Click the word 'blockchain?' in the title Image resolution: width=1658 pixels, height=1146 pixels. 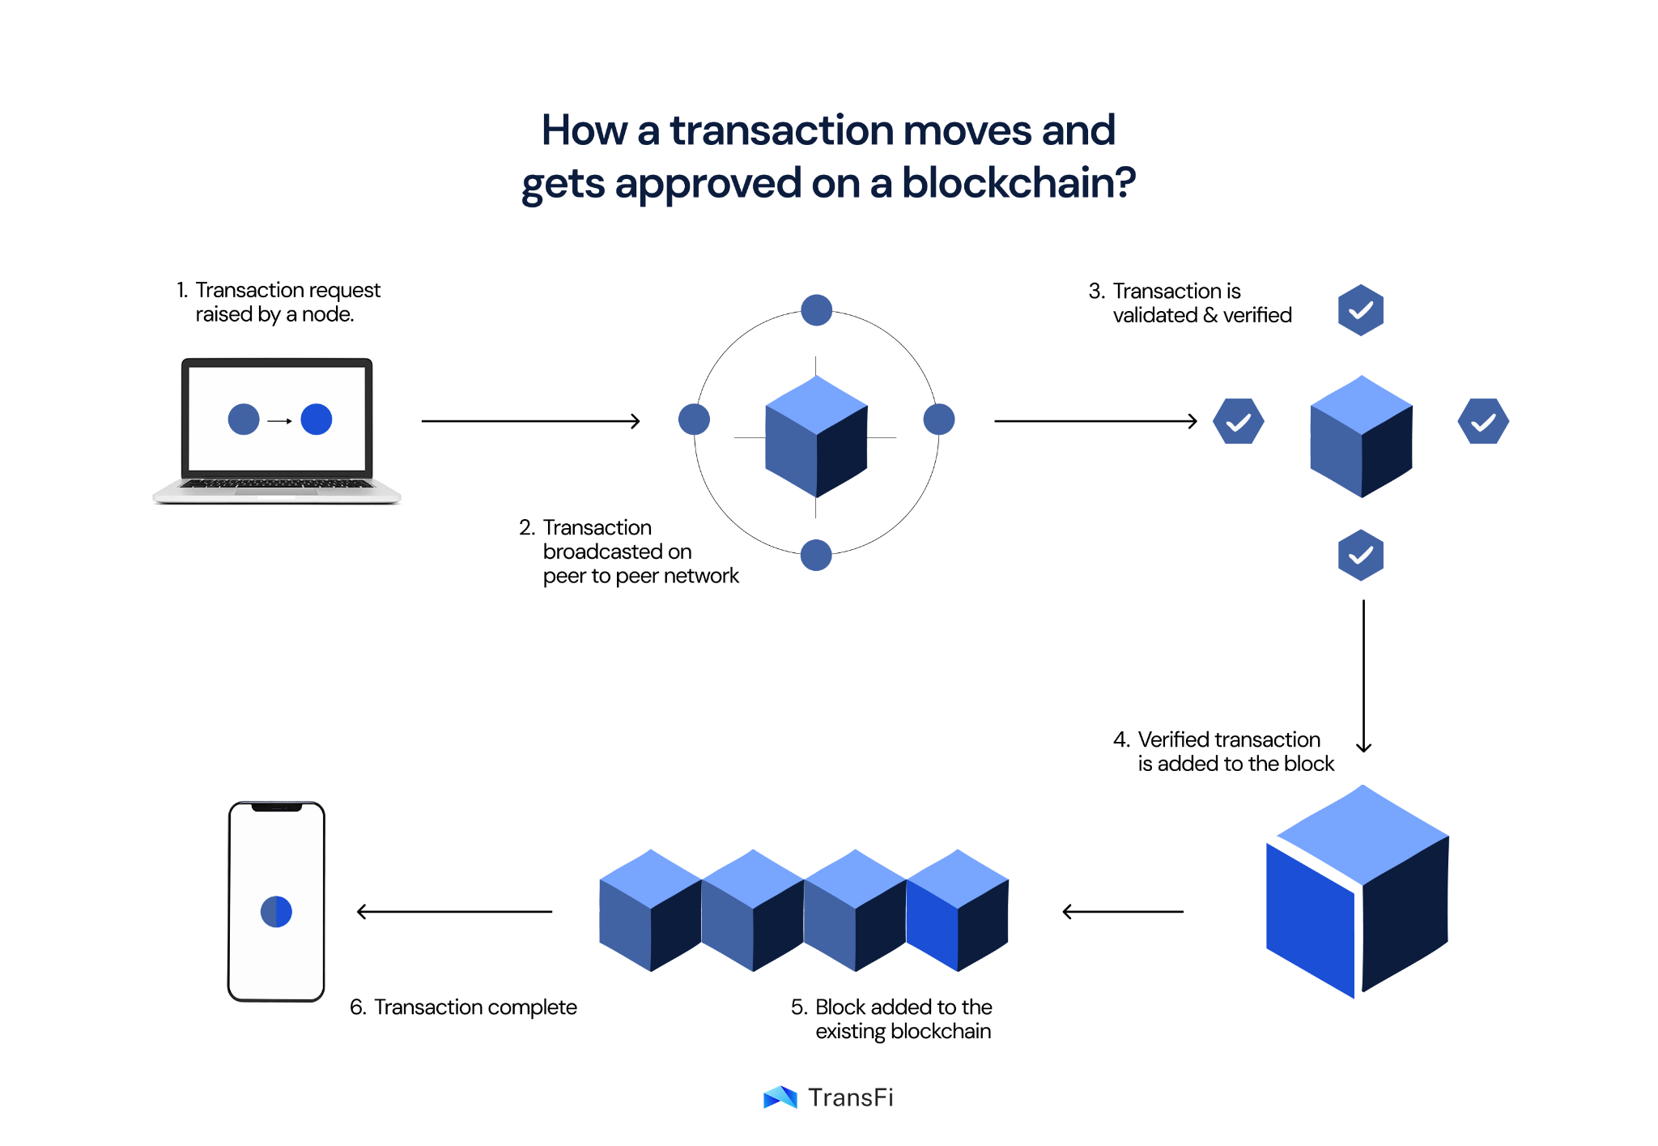[1018, 183]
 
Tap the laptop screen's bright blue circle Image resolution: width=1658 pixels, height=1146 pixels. [316, 420]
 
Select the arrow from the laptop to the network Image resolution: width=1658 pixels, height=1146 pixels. [531, 421]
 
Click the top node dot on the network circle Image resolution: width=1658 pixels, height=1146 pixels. [816, 310]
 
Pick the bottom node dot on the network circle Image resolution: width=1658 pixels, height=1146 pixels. [816, 556]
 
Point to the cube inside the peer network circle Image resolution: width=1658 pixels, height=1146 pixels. [816, 437]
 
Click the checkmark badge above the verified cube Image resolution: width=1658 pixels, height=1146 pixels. [1361, 310]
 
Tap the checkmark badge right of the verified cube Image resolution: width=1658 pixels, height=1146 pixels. [1483, 421]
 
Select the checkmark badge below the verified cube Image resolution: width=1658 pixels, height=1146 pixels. [1361, 556]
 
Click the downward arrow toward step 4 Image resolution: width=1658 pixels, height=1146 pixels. [1364, 676]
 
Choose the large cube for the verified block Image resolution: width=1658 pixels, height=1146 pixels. [1358, 892]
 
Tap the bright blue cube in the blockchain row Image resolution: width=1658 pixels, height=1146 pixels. [958, 910]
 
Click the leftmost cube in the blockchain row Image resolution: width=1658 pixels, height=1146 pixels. [651, 910]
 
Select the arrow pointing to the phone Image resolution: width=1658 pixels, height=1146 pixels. [454, 912]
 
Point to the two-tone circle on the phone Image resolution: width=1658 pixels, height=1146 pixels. [276, 912]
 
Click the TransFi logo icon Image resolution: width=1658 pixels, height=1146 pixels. [780, 1097]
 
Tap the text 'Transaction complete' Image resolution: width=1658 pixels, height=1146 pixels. [475, 1008]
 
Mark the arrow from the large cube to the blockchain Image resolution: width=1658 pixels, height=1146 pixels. [1123, 912]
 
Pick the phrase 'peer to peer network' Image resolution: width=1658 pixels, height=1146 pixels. [641, 576]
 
